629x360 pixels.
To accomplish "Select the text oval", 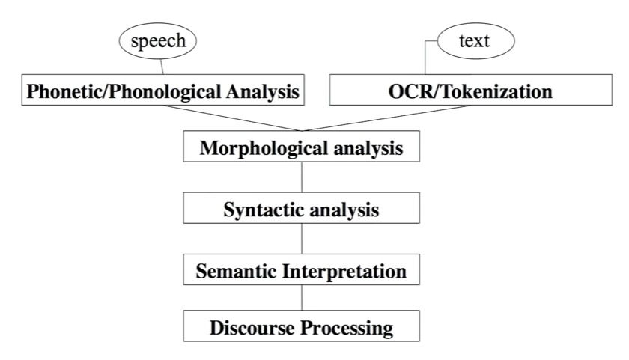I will click(x=475, y=40).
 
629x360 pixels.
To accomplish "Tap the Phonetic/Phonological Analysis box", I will click(x=162, y=92).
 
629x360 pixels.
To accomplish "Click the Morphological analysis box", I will click(x=302, y=147).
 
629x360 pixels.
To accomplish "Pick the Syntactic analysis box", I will click(x=302, y=209).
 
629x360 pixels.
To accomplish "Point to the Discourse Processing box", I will click(x=302, y=327).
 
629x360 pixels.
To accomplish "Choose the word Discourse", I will click(x=246, y=328).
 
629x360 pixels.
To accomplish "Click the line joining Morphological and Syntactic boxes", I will click(x=302, y=178).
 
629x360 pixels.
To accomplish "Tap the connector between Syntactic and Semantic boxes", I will click(x=302, y=240).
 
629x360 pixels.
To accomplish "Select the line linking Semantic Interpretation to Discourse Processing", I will click(x=302, y=299).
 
